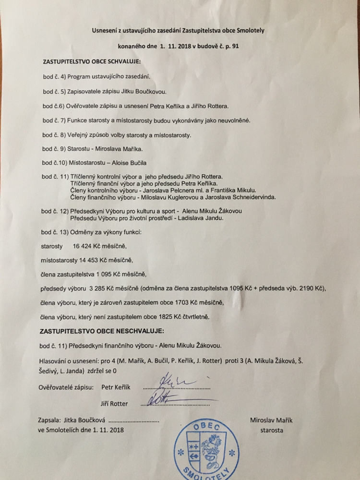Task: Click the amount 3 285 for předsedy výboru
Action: click(97, 288)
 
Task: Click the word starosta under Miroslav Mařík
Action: click(271, 430)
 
